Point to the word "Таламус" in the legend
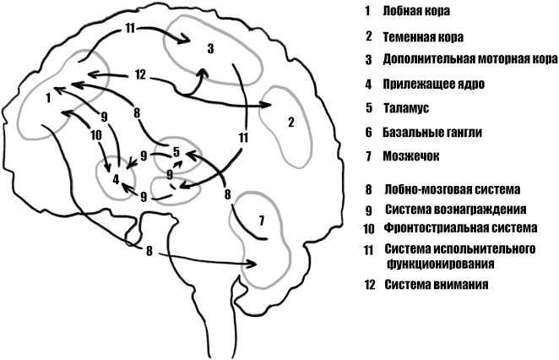point(408,108)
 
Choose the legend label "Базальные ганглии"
point(429,133)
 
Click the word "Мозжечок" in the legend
point(411,156)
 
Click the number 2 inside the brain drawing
point(290,123)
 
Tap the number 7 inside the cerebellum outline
point(261,221)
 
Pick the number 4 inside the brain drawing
point(116,178)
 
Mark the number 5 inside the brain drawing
point(176,152)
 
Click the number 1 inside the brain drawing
point(48,98)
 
